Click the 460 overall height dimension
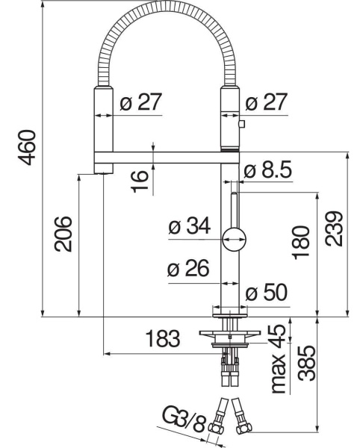tap(27, 147)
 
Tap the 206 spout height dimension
tap(63, 234)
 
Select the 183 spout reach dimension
tap(163, 338)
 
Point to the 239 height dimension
tap(333, 228)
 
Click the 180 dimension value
tap(301, 242)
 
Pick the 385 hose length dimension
tap(307, 364)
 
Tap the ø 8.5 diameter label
tap(268, 170)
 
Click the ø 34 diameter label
tap(190, 226)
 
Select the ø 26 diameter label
tap(188, 268)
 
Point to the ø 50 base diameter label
tap(267, 293)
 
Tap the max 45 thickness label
tap(279, 359)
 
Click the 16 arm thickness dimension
tap(140, 181)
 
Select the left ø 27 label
tap(141, 102)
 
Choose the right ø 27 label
tap(266, 102)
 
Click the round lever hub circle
tap(235, 240)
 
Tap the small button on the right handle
tap(242, 124)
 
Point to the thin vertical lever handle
tap(234, 211)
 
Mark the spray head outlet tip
tap(104, 172)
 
